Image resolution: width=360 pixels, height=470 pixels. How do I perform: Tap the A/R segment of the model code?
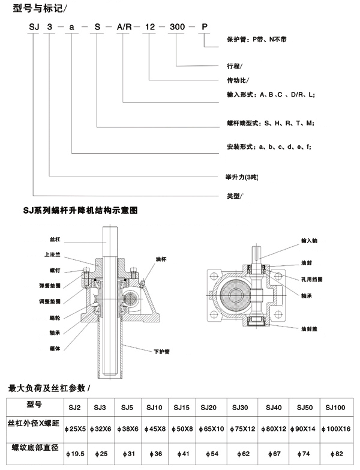[x=123, y=26]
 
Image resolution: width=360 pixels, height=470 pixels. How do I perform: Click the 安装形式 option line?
[x=264, y=146]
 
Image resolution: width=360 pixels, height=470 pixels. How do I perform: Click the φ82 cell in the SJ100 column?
[x=334, y=453]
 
